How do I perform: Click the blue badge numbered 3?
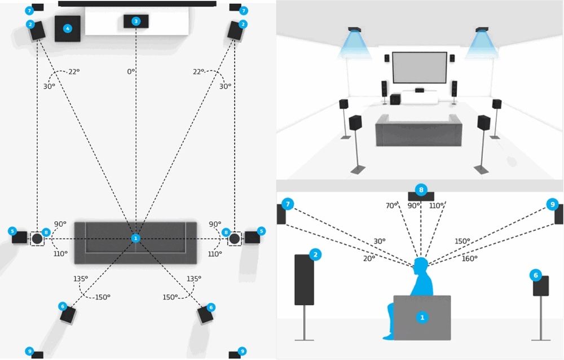135,21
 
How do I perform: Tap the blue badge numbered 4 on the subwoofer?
68,28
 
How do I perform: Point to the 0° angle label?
131,72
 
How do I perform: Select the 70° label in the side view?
392,206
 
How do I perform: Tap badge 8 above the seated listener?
420,189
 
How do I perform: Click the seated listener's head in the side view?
421,265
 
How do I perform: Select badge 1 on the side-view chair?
421,318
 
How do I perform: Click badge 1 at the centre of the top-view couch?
135,238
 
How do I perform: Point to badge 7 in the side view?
288,203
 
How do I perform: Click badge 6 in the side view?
536,275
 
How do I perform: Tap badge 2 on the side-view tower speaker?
316,255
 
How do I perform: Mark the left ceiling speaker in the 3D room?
355,30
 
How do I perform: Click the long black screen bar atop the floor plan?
137,3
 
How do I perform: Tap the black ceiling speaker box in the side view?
420,197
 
